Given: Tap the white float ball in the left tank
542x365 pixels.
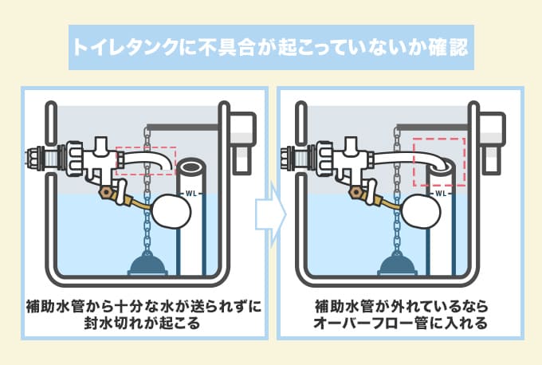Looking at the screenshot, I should click(x=170, y=212).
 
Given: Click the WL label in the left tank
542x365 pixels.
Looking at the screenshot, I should click(x=190, y=194).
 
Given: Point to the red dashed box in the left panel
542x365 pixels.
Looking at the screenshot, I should click(x=145, y=160).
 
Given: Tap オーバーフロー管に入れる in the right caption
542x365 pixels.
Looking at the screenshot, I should click(x=401, y=325).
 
